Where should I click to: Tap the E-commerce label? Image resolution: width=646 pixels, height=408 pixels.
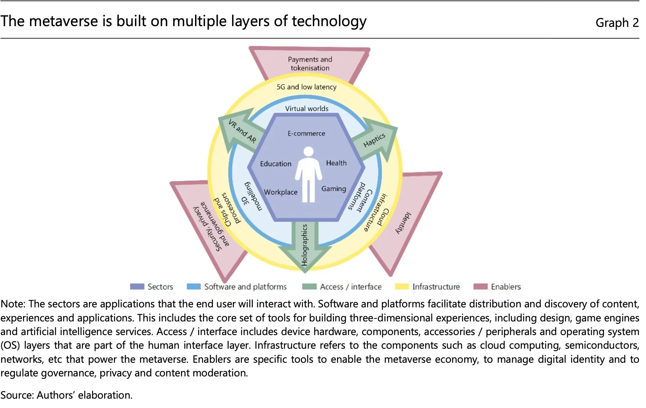click(x=306, y=133)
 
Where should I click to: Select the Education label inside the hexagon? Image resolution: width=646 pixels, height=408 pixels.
click(x=275, y=164)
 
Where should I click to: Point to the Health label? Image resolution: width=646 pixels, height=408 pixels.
click(x=336, y=163)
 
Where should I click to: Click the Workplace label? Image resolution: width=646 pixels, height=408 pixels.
click(x=280, y=192)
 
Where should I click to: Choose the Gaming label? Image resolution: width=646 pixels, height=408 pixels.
click(x=334, y=189)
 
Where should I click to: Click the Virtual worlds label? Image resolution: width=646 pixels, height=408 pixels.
click(x=307, y=108)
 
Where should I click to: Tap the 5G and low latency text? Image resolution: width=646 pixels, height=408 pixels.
click(x=306, y=87)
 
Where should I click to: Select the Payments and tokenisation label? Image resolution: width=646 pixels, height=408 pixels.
click(x=310, y=64)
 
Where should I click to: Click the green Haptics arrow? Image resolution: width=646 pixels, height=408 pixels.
click(x=374, y=141)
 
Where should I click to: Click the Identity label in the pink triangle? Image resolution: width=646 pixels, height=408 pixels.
click(x=403, y=223)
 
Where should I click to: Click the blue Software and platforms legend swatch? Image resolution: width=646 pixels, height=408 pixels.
click(x=193, y=287)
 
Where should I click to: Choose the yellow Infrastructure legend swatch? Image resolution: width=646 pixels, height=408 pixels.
click(x=402, y=287)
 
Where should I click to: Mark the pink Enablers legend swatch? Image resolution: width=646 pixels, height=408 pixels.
click(x=480, y=287)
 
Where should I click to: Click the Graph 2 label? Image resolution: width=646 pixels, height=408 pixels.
click(x=617, y=23)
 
